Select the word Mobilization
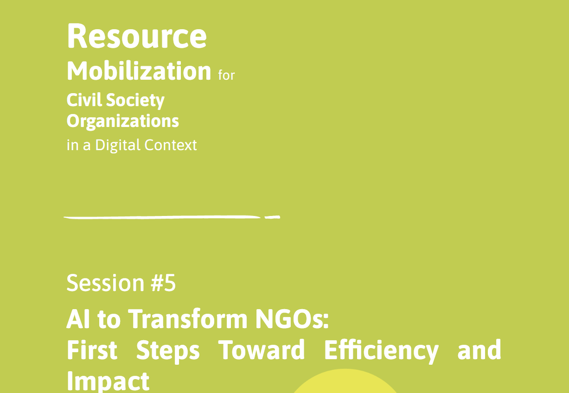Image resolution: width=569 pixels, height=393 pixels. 139,71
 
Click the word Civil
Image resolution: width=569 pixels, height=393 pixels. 83,100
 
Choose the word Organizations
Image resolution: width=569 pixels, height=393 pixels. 123,121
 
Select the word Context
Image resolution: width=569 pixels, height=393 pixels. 171,145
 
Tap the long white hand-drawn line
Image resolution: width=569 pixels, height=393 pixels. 162,217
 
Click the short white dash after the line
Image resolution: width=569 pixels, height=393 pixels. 272,217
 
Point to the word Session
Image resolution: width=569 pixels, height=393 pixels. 106,283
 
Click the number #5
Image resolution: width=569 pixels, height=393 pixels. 163,283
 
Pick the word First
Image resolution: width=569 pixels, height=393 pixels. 92,350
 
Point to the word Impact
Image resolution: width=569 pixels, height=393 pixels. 108,381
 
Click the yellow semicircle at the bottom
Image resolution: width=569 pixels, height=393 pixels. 345,382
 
